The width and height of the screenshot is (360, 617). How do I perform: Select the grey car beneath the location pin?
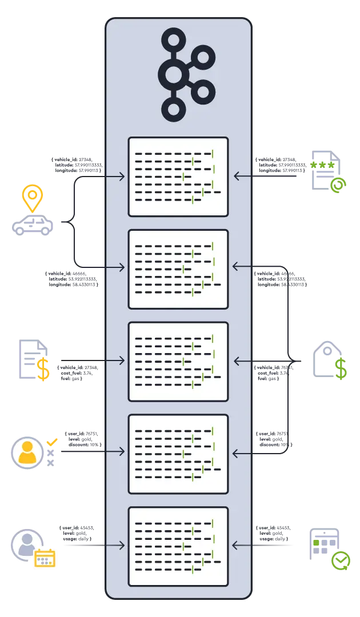[x=32, y=226]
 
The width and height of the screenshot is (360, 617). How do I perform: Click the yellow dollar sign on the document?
[x=43, y=368]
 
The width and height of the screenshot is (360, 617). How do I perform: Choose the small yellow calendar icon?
[x=45, y=558]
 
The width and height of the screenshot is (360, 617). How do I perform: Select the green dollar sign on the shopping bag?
[x=341, y=369]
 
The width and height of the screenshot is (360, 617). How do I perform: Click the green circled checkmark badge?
[x=341, y=559]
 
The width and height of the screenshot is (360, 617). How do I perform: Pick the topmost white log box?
[x=178, y=177]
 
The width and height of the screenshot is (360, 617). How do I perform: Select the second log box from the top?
[x=178, y=269]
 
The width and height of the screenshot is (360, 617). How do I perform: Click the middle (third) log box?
[x=178, y=361]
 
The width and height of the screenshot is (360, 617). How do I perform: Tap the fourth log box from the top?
[x=178, y=454]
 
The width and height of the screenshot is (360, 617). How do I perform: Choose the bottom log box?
[x=178, y=546]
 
